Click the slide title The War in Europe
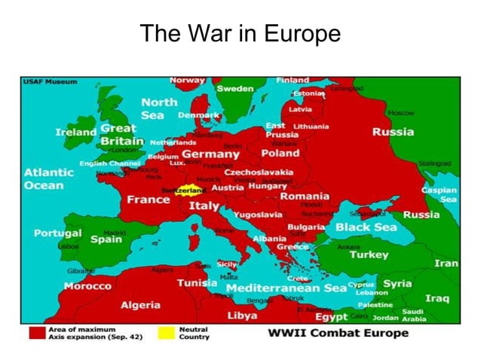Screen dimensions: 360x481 (x=240, y=35)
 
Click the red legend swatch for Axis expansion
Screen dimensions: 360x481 (x=35, y=331)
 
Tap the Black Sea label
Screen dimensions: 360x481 (x=366, y=227)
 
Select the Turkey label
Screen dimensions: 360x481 (x=369, y=255)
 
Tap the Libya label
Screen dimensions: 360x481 (x=242, y=315)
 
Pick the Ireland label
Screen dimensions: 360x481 (x=75, y=133)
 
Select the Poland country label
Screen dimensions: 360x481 (x=280, y=154)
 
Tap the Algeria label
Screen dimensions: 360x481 (x=140, y=305)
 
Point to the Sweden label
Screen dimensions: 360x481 (x=235, y=89)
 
